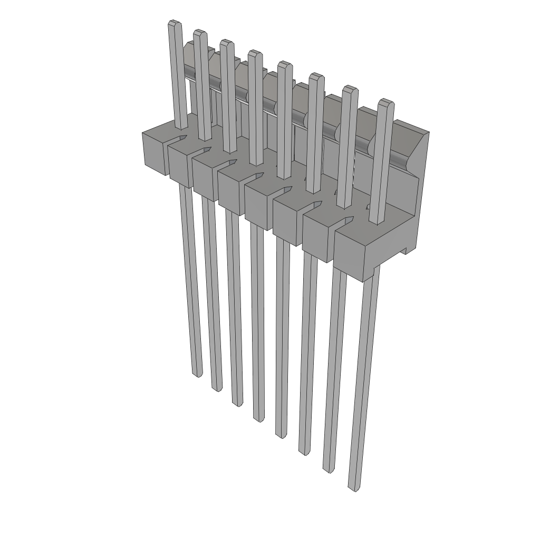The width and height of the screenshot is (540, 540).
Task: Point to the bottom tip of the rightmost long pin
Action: click(355, 488)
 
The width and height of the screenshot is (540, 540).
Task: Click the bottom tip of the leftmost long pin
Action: click(197, 374)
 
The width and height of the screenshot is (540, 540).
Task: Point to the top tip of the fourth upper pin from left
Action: click(255, 54)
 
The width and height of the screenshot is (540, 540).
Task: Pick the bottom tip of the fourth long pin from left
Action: click(258, 419)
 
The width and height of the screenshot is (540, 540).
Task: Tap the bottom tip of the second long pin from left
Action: click(217, 389)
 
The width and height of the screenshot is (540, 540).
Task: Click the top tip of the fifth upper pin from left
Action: click(285, 64)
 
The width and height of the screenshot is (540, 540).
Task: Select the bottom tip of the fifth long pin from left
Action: click(281, 435)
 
